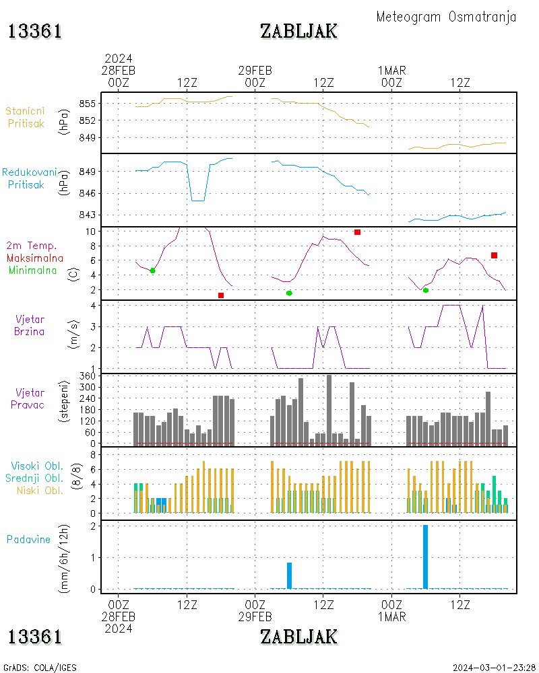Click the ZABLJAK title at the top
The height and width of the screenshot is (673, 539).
point(298,31)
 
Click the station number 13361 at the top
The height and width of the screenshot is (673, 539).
point(35,31)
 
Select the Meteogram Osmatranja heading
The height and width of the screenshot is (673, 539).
point(446,17)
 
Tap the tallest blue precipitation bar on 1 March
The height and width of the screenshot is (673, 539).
point(425,557)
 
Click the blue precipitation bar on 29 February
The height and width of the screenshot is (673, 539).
point(289,575)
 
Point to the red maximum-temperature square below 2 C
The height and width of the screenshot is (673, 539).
point(221,295)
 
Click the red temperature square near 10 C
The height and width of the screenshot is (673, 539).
point(357,232)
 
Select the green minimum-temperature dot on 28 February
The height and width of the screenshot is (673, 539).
point(152,270)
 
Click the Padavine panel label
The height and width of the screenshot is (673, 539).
point(28,539)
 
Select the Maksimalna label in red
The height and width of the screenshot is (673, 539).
point(35,258)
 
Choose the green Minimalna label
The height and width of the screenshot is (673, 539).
point(35,270)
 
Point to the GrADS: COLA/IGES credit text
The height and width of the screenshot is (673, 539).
point(40,668)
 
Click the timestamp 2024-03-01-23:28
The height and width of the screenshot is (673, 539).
point(494,668)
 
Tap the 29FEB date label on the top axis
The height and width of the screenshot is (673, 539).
point(255,70)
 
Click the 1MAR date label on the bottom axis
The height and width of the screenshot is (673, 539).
point(391,616)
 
